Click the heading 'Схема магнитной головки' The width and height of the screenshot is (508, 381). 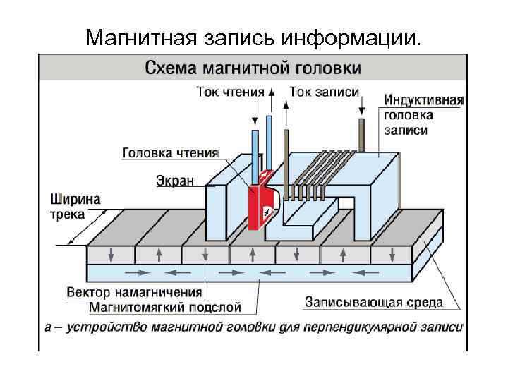click(253, 68)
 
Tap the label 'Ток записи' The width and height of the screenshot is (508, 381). click(324, 92)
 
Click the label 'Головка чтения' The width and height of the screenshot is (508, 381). click(170, 152)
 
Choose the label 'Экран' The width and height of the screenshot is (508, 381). click(175, 181)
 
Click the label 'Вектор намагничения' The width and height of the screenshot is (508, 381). click(134, 292)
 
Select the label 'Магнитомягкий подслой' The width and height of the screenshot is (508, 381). click(165, 307)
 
